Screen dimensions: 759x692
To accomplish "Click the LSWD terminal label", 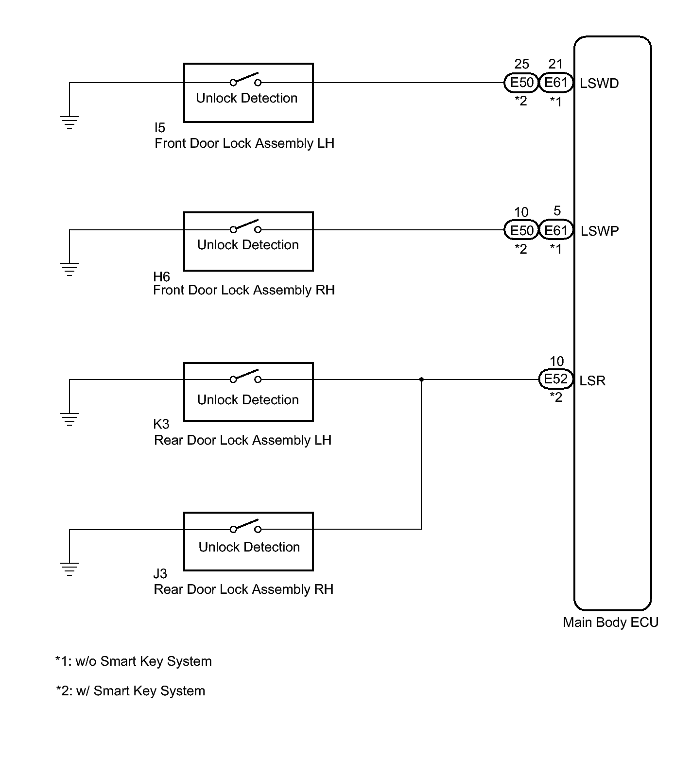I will click(599, 84).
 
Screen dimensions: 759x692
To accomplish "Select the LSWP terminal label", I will click(600, 231).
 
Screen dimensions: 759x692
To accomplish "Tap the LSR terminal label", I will click(592, 380).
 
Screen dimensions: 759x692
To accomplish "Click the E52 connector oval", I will click(555, 379).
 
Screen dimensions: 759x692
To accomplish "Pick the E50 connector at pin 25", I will click(522, 83).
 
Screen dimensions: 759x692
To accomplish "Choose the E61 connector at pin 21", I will click(556, 83).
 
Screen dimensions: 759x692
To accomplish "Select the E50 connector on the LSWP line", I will click(522, 230).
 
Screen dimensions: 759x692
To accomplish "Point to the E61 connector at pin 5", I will click(556, 230).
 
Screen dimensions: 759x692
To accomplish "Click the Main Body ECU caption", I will click(610, 622).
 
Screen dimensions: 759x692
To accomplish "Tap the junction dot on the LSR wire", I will click(421, 379).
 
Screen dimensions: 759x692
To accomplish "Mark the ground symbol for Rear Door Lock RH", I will click(69, 569).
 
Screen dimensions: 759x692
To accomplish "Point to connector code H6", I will click(161, 277).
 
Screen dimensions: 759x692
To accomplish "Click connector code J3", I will click(160, 574).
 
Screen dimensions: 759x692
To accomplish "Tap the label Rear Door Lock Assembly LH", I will click(242, 440).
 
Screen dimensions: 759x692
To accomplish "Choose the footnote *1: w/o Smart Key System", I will click(134, 661).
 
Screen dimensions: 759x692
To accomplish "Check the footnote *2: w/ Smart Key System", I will click(131, 691).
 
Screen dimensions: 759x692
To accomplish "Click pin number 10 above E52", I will click(556, 362).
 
